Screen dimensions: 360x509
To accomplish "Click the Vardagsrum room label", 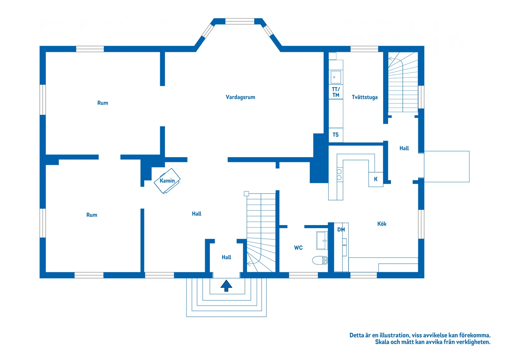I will tap(240, 97).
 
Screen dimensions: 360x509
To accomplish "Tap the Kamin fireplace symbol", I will tap(167, 181).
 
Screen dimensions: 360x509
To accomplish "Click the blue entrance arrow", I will tap(226, 286).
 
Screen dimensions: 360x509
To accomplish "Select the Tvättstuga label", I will tap(365, 97).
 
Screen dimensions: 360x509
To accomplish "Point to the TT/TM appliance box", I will tap(336, 92).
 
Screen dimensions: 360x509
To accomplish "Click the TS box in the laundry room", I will tap(336, 135).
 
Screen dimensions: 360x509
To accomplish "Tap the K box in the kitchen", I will tap(376, 179).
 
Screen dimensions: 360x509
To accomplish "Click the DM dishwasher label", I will tap(341, 229).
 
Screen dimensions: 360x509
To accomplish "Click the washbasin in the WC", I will tap(322, 240).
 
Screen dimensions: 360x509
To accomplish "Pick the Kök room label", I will tap(382, 224).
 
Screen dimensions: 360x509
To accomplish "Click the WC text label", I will tap(298, 248).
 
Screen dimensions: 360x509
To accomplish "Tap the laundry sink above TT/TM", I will tap(336, 77).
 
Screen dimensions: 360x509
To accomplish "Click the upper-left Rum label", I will tap(103, 103).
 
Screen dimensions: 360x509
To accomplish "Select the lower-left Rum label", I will tap(92, 215).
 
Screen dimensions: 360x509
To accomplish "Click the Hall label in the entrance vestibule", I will tap(226, 257).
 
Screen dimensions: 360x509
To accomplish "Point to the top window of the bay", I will tap(240, 21).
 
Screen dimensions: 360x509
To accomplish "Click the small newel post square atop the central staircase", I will tap(246, 194).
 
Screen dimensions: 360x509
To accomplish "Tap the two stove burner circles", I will tap(339, 174).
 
